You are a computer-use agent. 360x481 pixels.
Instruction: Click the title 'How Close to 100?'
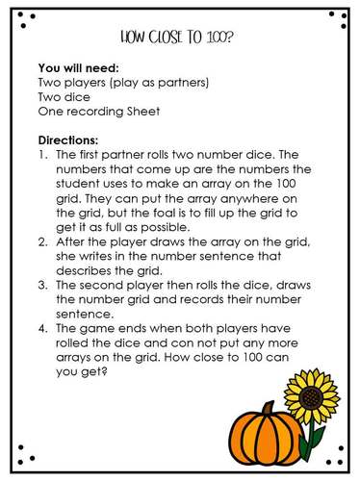point(180,38)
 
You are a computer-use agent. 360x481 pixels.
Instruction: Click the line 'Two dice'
point(63,97)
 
